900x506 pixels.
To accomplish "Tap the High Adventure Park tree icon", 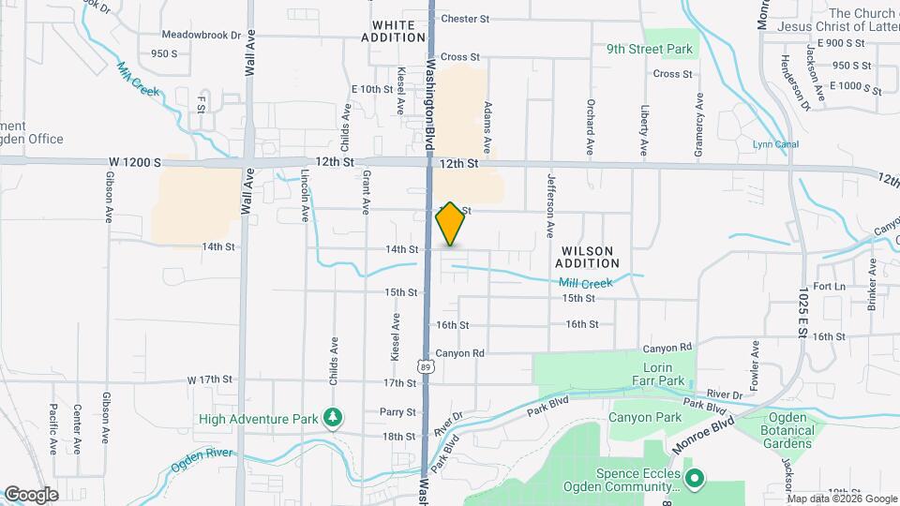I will click(331, 417).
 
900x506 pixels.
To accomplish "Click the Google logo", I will click(31, 494).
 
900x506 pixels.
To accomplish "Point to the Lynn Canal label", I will click(773, 144).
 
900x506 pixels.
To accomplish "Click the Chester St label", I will click(465, 19).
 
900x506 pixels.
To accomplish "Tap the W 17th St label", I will click(209, 379).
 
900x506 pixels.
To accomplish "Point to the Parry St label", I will click(397, 412).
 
